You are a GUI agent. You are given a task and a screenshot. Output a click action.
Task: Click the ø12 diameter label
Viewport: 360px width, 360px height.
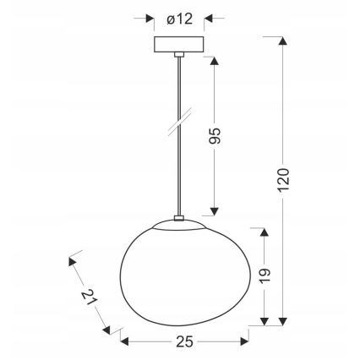pyautogui.click(x=179, y=18)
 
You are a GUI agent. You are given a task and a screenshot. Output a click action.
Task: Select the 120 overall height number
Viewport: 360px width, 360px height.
pyautogui.click(x=285, y=179)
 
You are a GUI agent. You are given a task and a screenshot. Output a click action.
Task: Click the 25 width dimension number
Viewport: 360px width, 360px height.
pyautogui.click(x=184, y=341)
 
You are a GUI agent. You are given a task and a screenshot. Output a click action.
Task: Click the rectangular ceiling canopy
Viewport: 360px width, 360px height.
pyautogui.click(x=179, y=46)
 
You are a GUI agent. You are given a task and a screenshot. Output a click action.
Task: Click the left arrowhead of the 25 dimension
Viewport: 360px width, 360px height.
pyautogui.click(x=125, y=341)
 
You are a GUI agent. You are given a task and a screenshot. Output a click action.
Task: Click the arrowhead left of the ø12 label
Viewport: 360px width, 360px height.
pyautogui.click(x=150, y=18)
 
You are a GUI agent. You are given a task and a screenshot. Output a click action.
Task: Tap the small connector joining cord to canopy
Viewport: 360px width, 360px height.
pyautogui.click(x=179, y=57)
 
